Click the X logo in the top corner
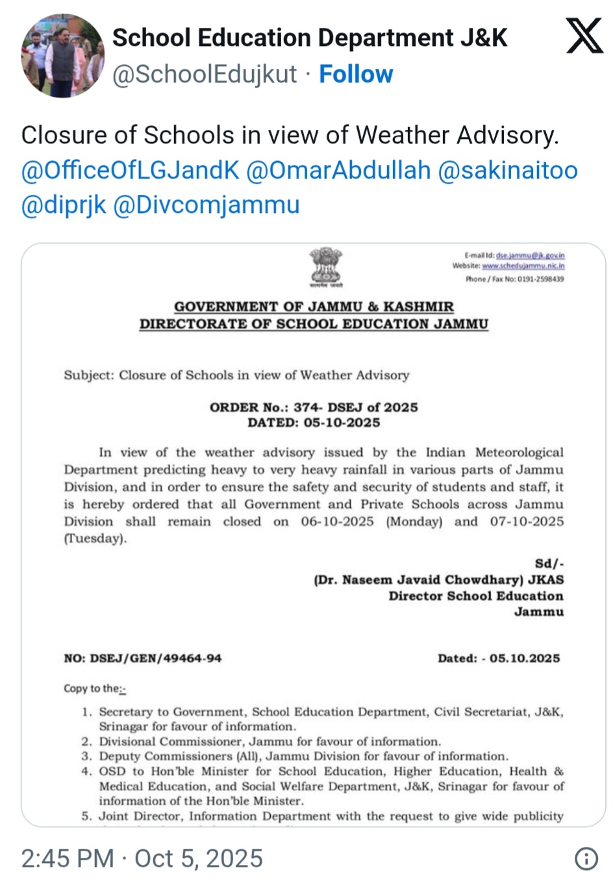click(x=584, y=36)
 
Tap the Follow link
click(x=356, y=74)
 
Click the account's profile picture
click(x=62, y=56)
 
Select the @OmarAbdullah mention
click(x=338, y=170)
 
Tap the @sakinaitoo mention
click(x=508, y=170)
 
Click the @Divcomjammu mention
click(x=207, y=205)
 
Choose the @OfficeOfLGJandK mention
click(x=131, y=170)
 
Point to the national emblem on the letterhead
click(x=325, y=266)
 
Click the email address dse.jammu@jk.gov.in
click(x=530, y=256)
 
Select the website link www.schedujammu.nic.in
click(x=523, y=266)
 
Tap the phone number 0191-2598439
click(x=540, y=279)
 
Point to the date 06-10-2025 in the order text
click(x=337, y=521)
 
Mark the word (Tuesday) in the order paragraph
click(x=95, y=538)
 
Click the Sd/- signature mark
click(x=549, y=564)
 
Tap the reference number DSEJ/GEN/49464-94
click(x=155, y=658)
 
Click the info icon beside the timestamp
click(x=586, y=859)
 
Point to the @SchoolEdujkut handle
click(x=205, y=74)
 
